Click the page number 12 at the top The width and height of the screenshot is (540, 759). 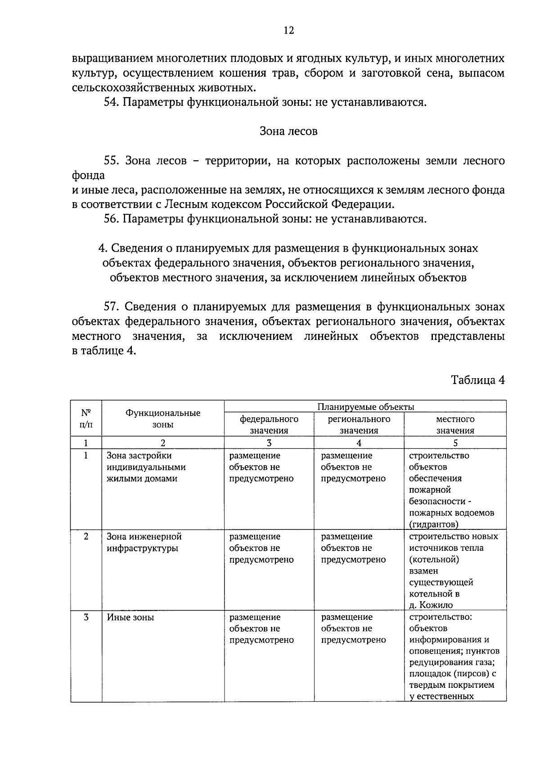[x=288, y=30]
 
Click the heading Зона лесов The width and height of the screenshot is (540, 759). [x=288, y=131]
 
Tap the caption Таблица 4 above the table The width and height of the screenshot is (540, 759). [x=477, y=380]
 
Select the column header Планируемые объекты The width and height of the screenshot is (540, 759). [x=365, y=407]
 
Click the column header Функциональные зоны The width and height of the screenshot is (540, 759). [x=163, y=419]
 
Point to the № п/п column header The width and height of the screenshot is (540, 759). [x=86, y=419]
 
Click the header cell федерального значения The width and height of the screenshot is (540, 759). [x=269, y=425]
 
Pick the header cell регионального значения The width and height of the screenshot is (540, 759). [x=359, y=425]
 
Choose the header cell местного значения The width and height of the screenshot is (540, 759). [x=455, y=425]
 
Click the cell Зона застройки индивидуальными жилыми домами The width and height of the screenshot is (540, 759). [x=146, y=467]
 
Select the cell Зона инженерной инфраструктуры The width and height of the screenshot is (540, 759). [x=144, y=542]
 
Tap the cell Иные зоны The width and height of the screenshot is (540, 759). [x=130, y=617]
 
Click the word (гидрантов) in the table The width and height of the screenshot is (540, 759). [x=434, y=524]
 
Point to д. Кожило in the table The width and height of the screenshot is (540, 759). [x=431, y=605]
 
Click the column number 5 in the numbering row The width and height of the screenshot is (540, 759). [x=455, y=443]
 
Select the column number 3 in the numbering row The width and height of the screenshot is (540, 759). [x=269, y=443]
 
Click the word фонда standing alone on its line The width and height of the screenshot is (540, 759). [x=88, y=175]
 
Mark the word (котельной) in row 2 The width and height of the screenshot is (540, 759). [x=434, y=560]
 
